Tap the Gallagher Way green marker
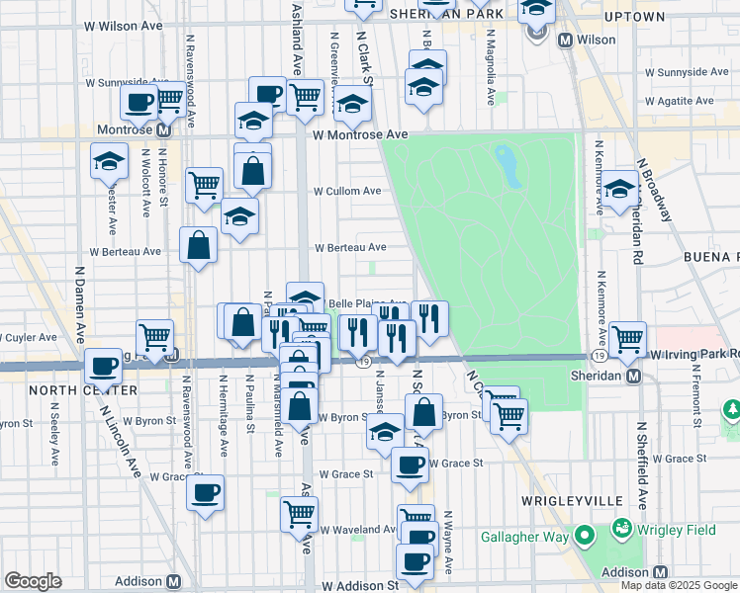584,537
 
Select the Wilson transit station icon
567,41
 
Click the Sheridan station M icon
632,377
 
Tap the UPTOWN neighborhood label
633,17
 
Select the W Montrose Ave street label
359,134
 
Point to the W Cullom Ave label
347,191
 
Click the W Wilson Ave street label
124,25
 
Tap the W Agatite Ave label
679,101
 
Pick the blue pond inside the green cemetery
508,165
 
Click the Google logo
33,581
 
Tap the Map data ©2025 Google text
680,585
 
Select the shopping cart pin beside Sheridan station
628,338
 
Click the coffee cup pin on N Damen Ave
103,367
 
